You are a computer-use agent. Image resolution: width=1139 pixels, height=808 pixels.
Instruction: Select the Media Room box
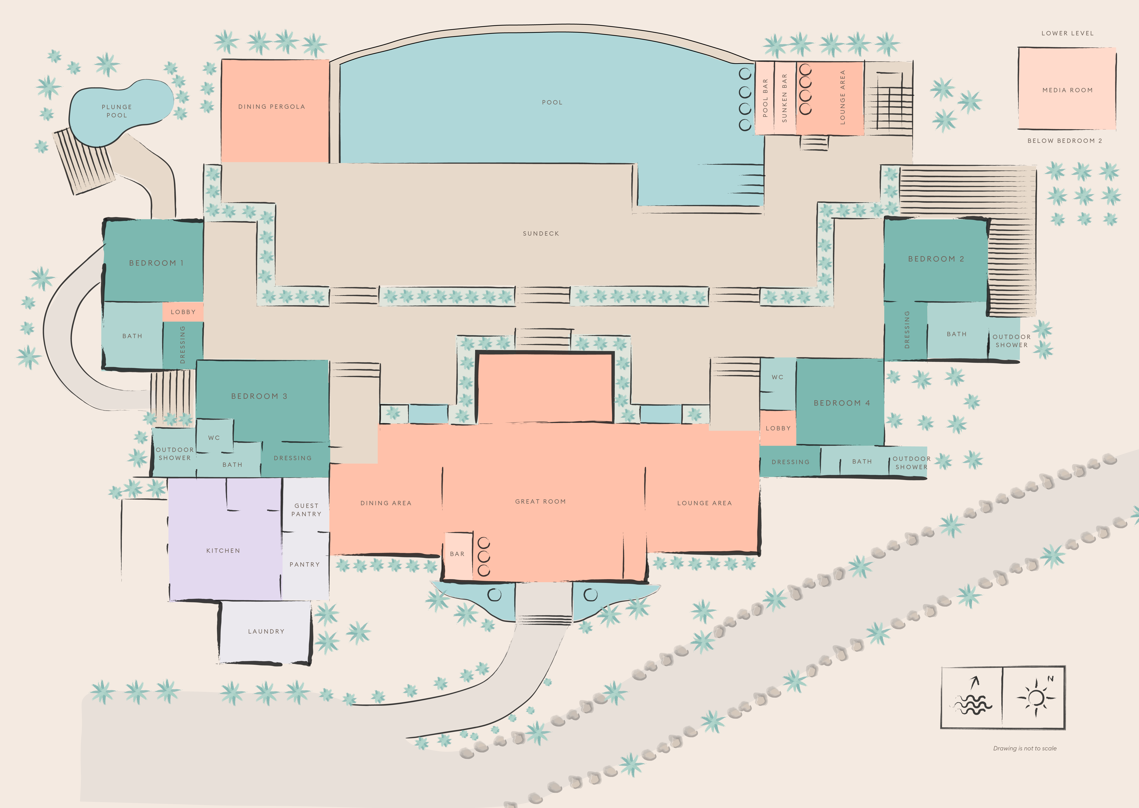(x=1067, y=90)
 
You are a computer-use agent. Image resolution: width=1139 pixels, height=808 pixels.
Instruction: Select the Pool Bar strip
(x=765, y=98)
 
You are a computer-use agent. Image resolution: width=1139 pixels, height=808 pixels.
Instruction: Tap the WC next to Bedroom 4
(x=777, y=377)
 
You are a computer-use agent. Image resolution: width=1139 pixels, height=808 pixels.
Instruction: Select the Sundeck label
(x=541, y=233)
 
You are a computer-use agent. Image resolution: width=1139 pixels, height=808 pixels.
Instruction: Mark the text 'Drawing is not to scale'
(x=1025, y=748)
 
